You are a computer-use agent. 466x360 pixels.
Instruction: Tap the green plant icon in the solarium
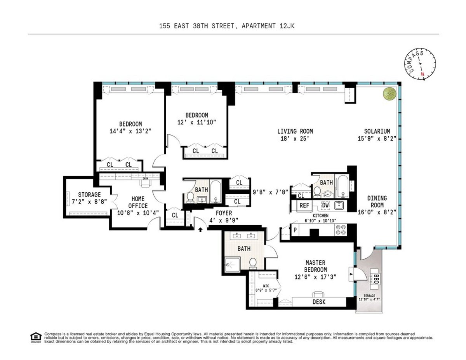[388, 94]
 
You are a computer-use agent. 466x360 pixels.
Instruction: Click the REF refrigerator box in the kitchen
[304, 205]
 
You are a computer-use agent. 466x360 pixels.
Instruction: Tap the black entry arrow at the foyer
[200, 230]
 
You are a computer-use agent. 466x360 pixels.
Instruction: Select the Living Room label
[295, 131]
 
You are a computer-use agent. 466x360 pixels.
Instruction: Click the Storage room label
[89, 195]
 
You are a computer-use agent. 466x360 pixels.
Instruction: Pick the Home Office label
[138, 202]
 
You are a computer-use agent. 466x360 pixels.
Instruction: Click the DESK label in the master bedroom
[319, 302]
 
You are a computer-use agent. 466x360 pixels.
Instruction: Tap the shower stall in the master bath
[233, 264]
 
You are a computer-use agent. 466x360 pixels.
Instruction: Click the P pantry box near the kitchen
[295, 229]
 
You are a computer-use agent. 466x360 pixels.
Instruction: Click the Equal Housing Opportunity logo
[36, 337]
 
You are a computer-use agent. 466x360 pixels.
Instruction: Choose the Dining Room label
[377, 202]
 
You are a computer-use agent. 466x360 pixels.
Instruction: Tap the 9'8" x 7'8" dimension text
[271, 191]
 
